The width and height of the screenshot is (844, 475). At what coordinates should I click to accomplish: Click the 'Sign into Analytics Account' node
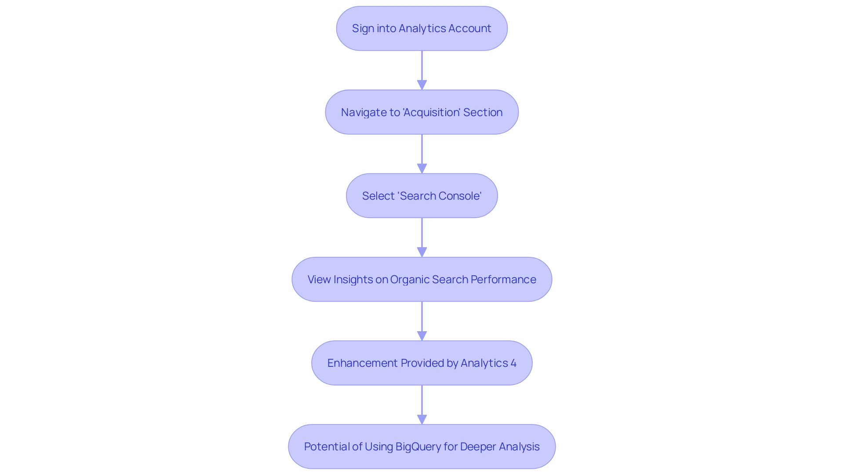click(x=422, y=29)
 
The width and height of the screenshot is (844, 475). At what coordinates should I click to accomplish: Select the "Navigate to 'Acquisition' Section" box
click(x=422, y=112)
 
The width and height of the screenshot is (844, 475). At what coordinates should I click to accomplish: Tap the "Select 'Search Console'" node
click(x=422, y=196)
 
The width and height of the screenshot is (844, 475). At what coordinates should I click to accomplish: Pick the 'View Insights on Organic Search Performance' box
click(x=422, y=279)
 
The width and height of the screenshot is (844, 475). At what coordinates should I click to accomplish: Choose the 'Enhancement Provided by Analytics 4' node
click(x=422, y=363)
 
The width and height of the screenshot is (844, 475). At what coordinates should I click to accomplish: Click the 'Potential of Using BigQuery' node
click(x=422, y=446)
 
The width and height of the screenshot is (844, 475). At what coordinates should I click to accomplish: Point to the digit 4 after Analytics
click(x=513, y=363)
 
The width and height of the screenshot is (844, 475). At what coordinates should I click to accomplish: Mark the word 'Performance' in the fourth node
click(x=503, y=280)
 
